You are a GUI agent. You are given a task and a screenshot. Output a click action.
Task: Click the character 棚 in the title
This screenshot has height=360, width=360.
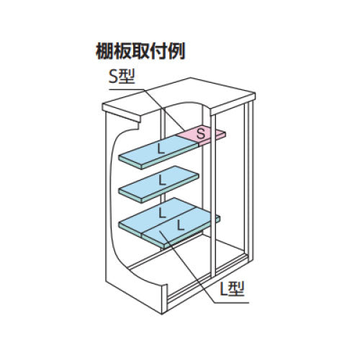coord(104,51)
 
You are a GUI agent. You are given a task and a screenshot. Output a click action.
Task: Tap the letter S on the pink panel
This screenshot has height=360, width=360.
coord(202,132)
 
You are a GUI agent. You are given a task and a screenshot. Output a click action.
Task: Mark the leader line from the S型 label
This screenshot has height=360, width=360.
coord(162,108)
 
